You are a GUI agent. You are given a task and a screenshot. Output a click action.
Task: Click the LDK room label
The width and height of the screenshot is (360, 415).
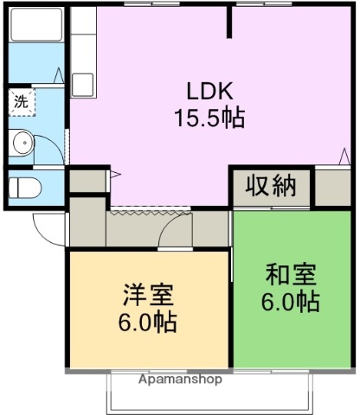click(208, 90)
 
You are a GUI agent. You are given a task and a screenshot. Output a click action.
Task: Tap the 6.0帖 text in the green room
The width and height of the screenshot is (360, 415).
click(291, 303)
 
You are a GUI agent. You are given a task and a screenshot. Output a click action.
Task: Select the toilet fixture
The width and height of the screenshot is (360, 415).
click(23, 186)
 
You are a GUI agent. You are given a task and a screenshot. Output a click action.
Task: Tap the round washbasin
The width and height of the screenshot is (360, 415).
click(22, 143)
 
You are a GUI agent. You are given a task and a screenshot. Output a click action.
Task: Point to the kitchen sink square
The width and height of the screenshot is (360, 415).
click(83, 84)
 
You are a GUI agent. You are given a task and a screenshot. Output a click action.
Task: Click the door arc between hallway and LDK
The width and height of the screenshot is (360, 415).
click(178, 229)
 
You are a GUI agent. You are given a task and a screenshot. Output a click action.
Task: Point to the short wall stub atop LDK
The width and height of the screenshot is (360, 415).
click(229, 22)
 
